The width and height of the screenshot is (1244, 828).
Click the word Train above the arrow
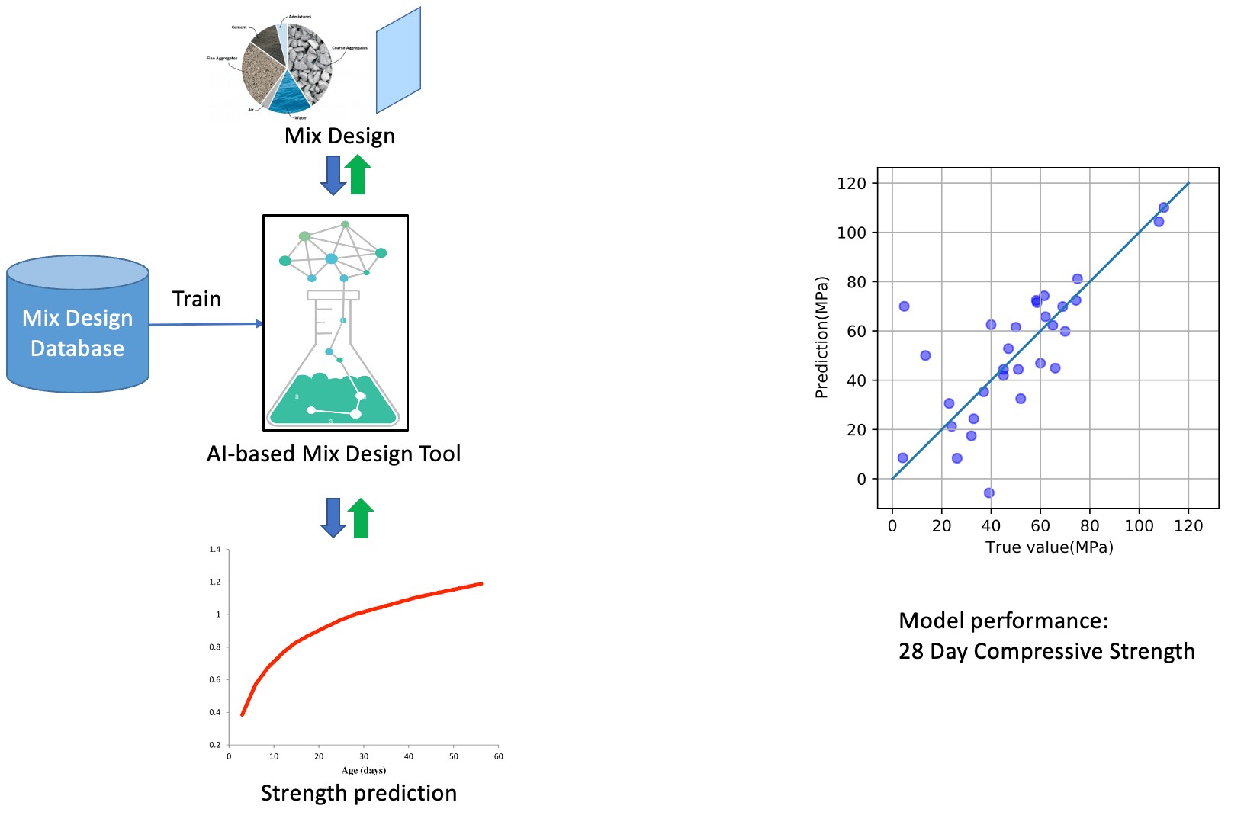point(196,299)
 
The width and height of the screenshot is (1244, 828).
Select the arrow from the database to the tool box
point(206,324)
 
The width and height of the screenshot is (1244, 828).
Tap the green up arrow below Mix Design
point(358,175)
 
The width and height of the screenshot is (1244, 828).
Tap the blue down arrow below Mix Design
point(333,175)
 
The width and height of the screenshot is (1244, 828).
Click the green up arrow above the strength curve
point(361,518)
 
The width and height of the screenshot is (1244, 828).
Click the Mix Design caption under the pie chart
point(339,136)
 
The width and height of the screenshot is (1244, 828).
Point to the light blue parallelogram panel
point(398,61)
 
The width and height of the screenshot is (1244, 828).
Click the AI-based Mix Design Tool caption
point(333,454)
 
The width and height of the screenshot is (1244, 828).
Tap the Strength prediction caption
point(358,793)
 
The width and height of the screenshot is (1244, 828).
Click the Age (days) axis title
point(363,770)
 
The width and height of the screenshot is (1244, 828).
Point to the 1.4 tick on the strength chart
point(215,549)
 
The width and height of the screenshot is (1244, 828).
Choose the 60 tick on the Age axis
point(498,756)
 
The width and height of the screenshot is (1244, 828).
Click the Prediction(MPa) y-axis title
point(821,337)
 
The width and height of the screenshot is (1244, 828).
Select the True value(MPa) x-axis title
point(1049,547)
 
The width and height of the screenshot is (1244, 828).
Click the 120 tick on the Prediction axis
point(851,183)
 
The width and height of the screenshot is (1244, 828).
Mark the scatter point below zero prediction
point(989,493)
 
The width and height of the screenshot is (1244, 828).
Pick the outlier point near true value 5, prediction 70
point(905,306)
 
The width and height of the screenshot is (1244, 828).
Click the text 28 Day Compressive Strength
point(1046,651)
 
